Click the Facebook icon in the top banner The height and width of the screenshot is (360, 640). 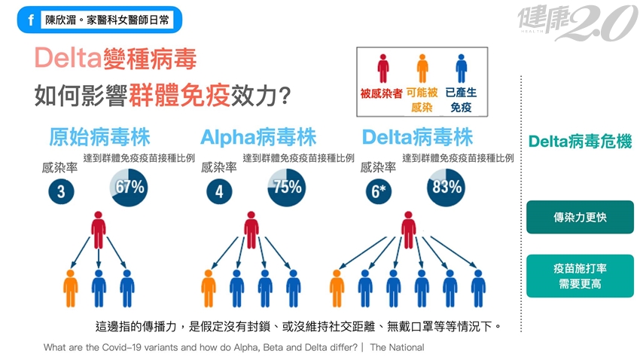(x=31, y=20)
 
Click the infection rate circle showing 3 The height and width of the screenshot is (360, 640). (x=62, y=191)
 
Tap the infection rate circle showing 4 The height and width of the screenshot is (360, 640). (x=219, y=191)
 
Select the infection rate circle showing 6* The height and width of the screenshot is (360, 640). (x=379, y=191)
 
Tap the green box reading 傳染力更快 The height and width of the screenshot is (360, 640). (x=579, y=217)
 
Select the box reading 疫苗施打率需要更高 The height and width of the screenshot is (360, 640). (x=579, y=276)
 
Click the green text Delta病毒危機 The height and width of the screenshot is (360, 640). (x=579, y=141)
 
